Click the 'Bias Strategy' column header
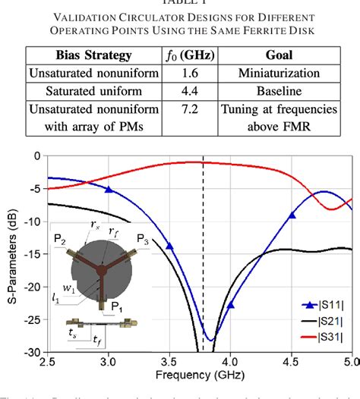coord(76,55)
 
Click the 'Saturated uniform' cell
coord(76,91)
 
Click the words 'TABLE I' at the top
coord(179,4)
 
